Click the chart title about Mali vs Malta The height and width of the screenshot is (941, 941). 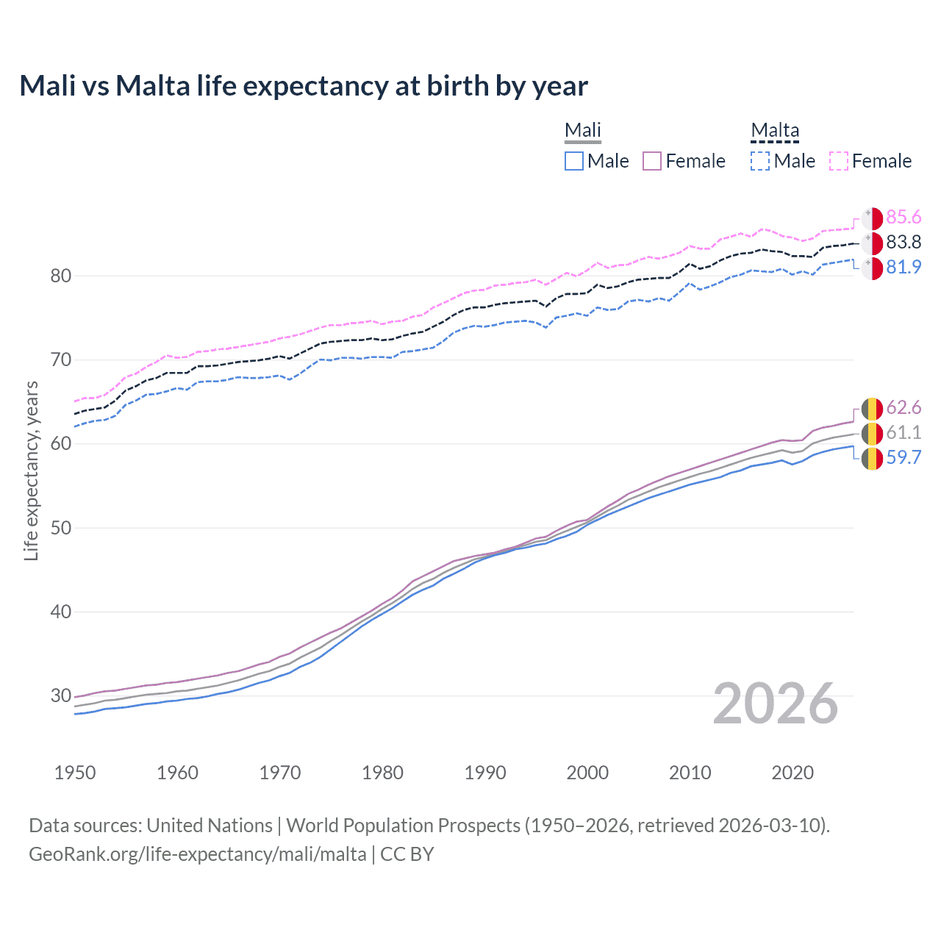pos(304,86)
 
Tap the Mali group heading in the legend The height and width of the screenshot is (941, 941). pos(582,131)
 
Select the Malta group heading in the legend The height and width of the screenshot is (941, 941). pos(775,131)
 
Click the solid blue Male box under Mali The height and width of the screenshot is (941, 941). pos(574,161)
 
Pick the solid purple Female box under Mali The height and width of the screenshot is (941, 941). pos(652,161)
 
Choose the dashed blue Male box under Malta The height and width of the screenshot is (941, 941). pos(760,161)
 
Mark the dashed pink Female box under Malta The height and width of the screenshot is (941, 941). pos(839,161)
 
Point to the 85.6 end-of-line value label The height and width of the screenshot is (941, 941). pos(904,217)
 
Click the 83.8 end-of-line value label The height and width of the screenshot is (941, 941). pos(904,242)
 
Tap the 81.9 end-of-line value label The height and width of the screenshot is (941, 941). pos(904,267)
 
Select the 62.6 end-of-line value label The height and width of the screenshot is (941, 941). pos(904,408)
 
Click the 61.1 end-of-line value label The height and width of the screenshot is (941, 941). pos(904,432)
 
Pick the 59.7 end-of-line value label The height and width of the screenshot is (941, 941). pos(904,457)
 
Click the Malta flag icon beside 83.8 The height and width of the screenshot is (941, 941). pos(872,243)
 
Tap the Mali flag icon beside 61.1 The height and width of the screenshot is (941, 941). pos(872,433)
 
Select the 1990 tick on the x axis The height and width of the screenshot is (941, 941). pos(485,773)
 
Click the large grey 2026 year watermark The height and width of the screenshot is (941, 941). pos(776,704)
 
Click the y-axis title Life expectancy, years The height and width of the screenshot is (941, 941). pos(31,470)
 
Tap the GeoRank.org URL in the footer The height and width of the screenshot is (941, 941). pos(197,854)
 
